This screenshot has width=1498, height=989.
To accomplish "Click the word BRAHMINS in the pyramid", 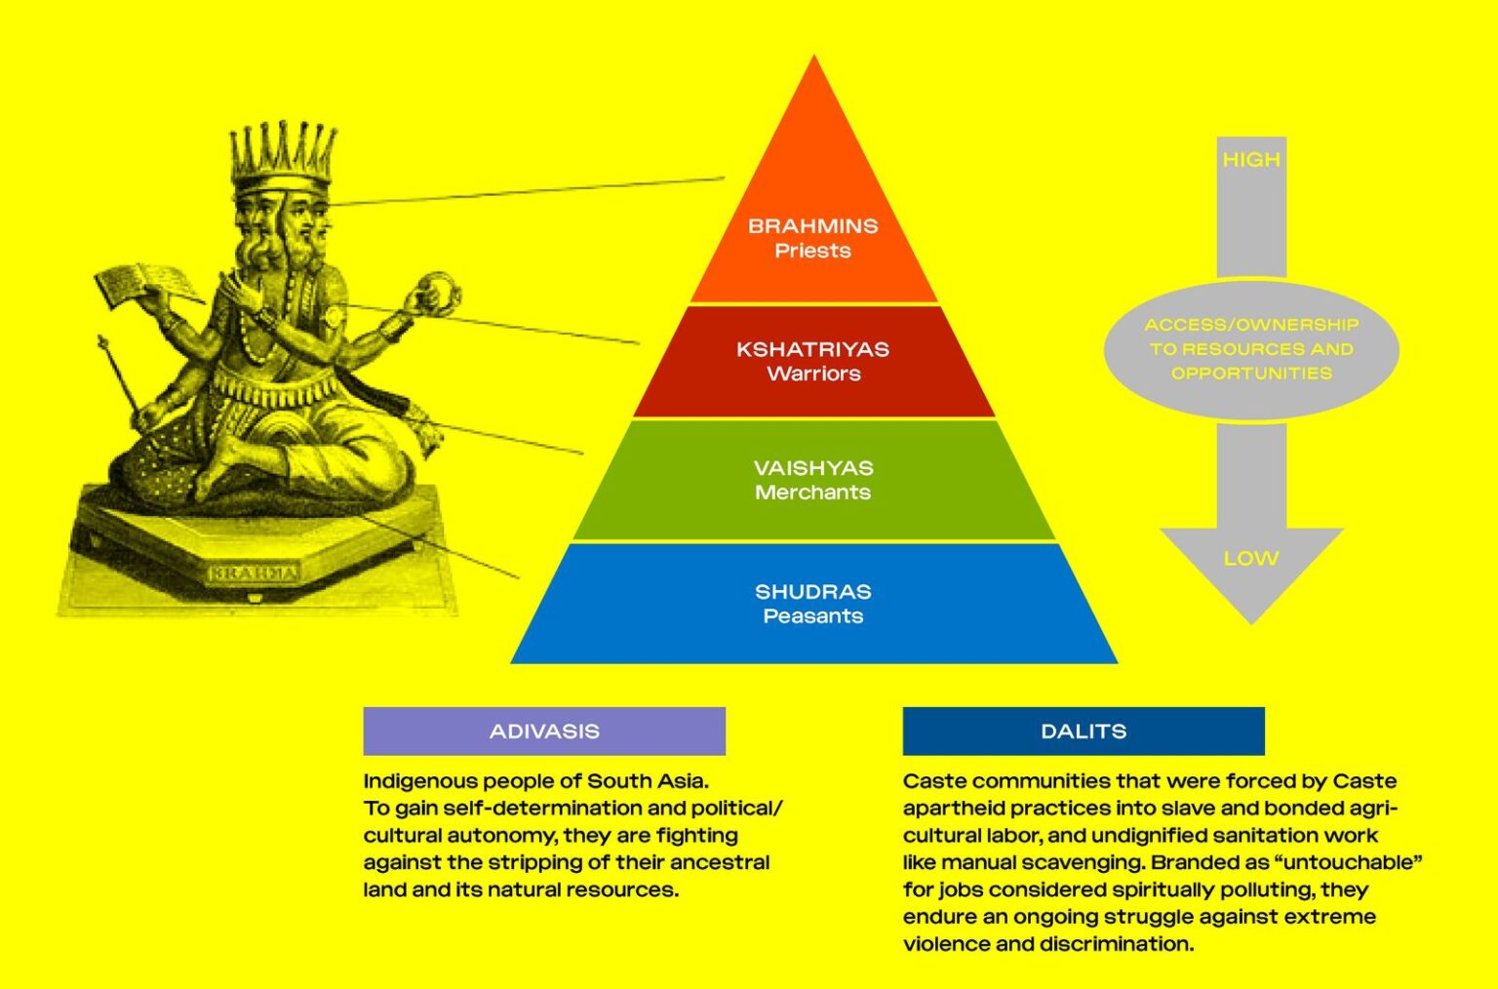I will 812,225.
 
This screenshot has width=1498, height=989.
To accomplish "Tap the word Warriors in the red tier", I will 813,374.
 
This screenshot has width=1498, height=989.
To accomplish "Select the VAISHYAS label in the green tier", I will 813,468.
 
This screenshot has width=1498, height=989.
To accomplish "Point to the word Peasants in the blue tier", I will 813,616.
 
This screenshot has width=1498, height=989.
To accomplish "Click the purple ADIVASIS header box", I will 544,732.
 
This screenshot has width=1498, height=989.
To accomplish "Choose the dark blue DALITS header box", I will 1083,732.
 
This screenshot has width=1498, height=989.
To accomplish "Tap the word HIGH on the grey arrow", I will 1251,160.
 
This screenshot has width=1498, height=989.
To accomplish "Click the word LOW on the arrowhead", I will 1251,559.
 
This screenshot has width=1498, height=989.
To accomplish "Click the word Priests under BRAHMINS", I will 813,251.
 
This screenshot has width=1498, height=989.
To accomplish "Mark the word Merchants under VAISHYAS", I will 813,493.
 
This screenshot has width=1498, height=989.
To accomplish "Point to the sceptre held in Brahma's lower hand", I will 121,376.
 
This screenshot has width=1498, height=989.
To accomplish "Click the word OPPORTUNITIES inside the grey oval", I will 1251,374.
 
